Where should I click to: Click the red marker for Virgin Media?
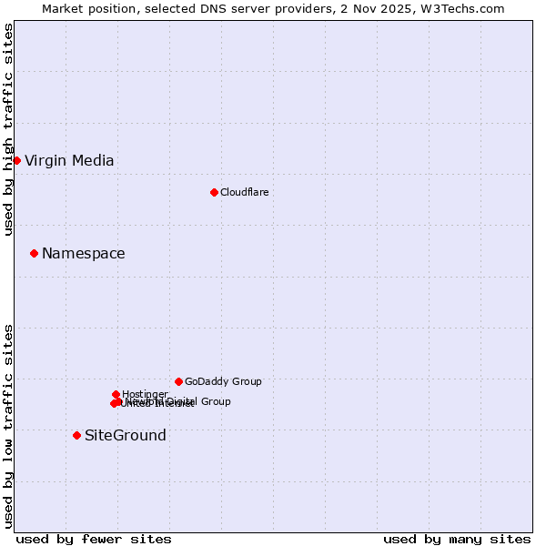[16, 160]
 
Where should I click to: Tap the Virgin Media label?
[69, 161]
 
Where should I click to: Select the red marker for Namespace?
[34, 253]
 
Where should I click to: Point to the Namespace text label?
[84, 254]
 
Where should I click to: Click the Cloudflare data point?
[214, 192]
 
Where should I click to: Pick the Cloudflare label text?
[245, 192]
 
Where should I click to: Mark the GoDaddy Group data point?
[178, 381]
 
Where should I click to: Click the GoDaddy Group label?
[223, 382]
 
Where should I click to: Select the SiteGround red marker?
[76, 435]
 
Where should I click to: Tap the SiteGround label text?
[126, 436]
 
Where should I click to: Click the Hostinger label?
[145, 394]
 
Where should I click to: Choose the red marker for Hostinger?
[116, 394]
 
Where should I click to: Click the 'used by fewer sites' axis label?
[94, 539]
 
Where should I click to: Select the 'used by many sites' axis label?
[457, 539]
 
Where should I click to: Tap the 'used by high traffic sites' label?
[8, 129]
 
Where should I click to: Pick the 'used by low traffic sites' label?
[8, 426]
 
